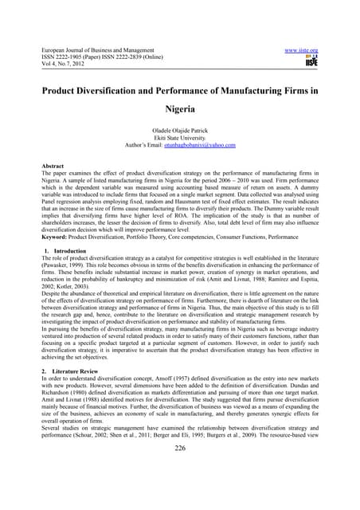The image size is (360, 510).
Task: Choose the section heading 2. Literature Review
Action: (76, 373)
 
